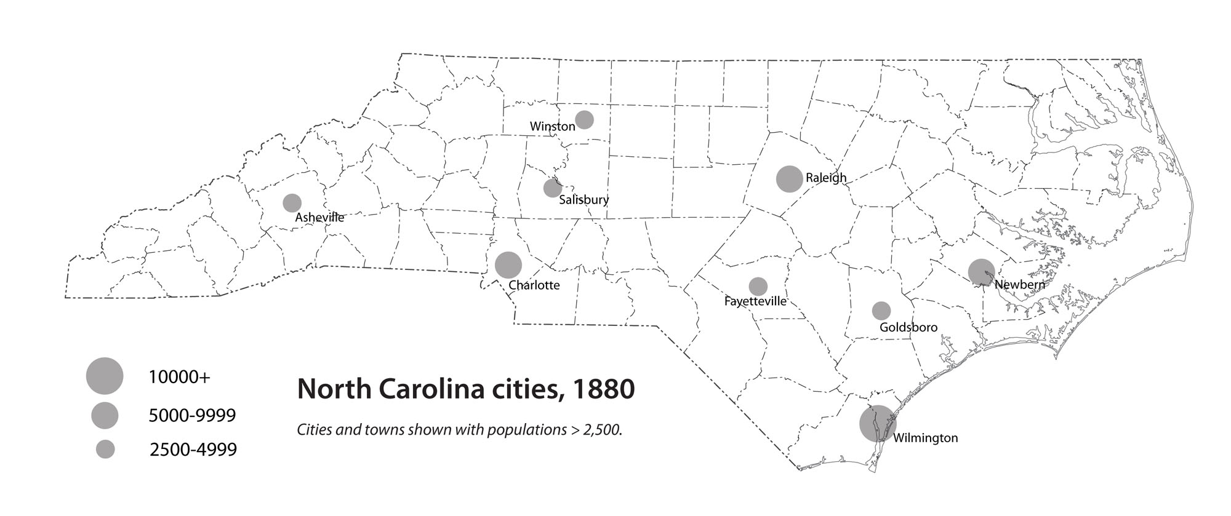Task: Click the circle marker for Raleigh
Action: click(789, 179)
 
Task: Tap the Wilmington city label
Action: click(925, 438)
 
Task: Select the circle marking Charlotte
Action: click(508, 264)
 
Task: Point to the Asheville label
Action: click(319, 217)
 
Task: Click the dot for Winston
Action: click(584, 119)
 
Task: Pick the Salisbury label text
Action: click(583, 199)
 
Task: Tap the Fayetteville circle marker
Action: click(758, 286)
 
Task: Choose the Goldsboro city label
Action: click(908, 327)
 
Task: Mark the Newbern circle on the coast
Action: click(981, 272)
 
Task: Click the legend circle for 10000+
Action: click(105, 375)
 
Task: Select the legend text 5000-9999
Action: click(192, 416)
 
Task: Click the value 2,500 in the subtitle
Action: click(604, 429)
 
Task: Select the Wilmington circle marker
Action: click(878, 423)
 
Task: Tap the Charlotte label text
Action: click(534, 285)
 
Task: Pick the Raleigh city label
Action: click(826, 178)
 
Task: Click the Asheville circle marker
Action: click(292, 202)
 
